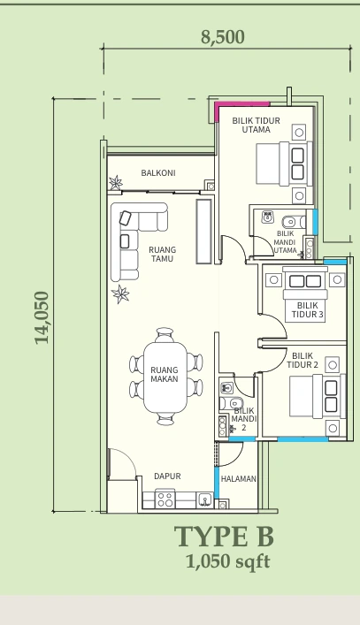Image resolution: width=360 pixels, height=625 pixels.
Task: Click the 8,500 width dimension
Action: (x=223, y=37)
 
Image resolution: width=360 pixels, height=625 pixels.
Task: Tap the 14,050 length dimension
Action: (x=42, y=317)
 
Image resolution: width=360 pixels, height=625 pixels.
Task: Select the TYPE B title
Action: (x=224, y=537)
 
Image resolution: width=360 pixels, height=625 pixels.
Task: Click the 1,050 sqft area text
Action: (x=227, y=561)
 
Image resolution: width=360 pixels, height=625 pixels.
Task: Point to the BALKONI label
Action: (x=158, y=173)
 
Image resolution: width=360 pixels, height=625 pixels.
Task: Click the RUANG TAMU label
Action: (x=162, y=255)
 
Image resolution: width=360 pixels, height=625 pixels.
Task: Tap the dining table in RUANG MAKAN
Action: (x=165, y=377)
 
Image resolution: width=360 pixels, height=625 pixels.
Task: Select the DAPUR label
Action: (x=167, y=476)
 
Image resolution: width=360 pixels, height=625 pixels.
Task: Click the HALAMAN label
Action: (x=239, y=479)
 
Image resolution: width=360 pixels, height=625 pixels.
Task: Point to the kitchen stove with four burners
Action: (x=165, y=499)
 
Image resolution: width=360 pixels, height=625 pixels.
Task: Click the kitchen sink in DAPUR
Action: (x=205, y=499)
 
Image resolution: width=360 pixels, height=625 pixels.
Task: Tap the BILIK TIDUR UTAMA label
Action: (x=256, y=126)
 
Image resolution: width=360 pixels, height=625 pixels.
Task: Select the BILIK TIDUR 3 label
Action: (x=308, y=310)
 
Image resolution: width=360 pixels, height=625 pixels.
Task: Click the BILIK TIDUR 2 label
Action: (x=303, y=361)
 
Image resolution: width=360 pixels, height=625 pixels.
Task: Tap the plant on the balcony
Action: (x=116, y=183)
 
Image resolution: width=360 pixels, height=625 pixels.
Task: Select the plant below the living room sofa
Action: (x=120, y=294)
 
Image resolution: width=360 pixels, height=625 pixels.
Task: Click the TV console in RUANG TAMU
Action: (x=203, y=232)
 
